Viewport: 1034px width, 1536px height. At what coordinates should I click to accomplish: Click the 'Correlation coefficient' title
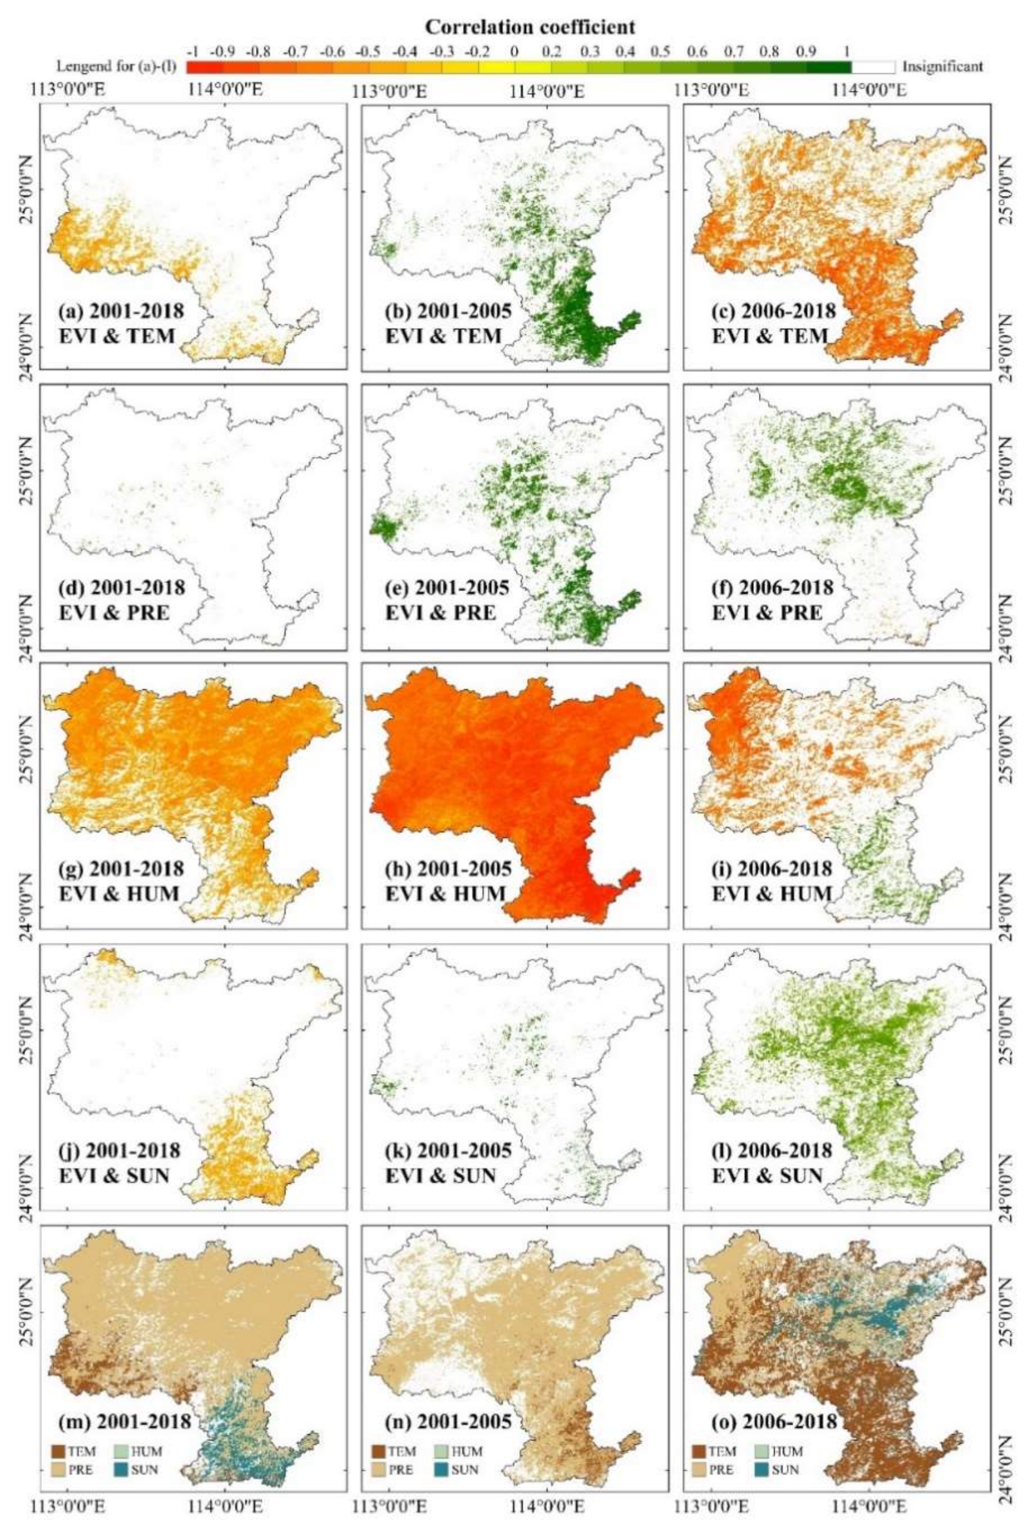tap(530, 27)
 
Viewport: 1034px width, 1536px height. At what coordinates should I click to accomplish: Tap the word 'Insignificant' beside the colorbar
tap(942, 67)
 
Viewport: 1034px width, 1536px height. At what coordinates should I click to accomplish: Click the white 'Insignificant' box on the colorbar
tap(873, 67)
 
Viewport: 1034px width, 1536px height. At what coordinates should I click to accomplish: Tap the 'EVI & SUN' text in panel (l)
tap(767, 1175)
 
